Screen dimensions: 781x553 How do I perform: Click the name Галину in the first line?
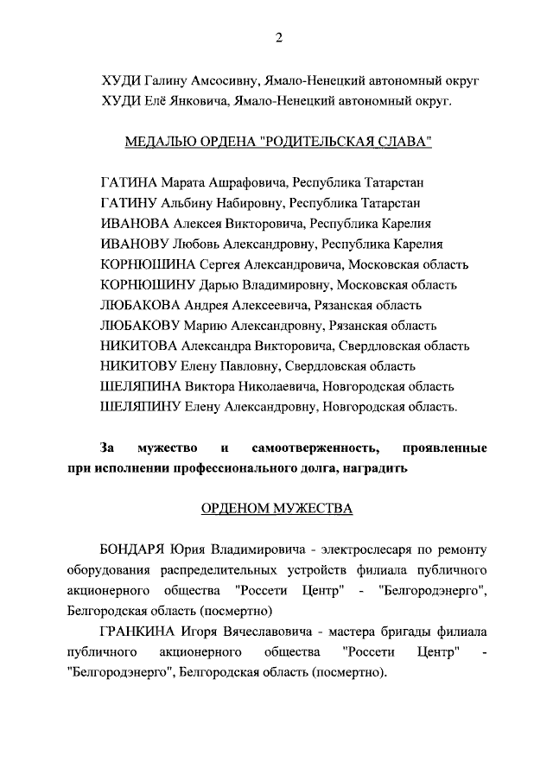163,80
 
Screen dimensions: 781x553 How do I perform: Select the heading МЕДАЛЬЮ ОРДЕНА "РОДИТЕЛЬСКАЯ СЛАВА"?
278,142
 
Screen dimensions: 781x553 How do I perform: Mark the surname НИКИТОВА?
138,346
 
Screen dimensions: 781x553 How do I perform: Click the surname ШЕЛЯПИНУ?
139,407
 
